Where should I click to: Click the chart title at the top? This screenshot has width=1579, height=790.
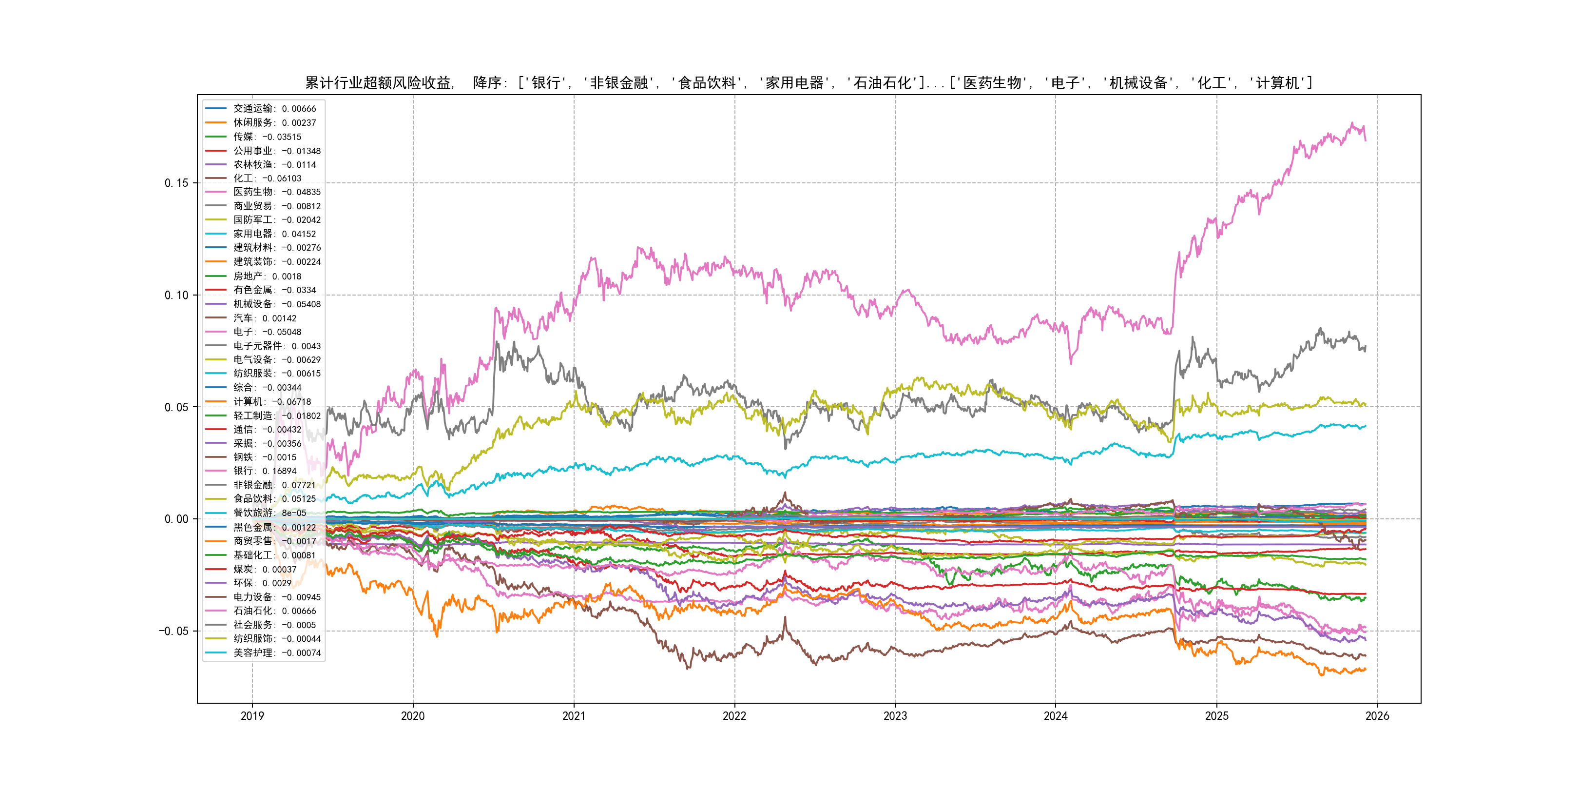point(809,83)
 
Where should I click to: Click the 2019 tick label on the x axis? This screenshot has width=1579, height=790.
point(252,716)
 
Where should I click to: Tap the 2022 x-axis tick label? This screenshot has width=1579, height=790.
point(734,716)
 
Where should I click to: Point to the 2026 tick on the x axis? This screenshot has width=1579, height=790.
point(1377,716)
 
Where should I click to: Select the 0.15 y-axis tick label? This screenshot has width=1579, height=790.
point(176,183)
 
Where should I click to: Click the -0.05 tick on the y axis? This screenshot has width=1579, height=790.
point(174,631)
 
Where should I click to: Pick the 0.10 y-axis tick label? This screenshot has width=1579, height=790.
point(176,295)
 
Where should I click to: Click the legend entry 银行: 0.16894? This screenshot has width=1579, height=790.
point(264,471)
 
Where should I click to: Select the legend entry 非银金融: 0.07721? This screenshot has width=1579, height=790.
point(274,485)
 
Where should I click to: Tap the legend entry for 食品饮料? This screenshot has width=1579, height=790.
point(274,499)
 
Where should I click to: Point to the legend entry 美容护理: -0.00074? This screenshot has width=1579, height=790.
point(276,652)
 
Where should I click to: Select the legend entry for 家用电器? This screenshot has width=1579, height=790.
point(274,234)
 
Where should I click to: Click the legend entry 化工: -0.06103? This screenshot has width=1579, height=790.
point(267,178)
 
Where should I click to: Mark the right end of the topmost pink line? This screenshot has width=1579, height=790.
point(1365,140)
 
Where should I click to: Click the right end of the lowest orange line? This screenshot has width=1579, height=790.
point(1365,669)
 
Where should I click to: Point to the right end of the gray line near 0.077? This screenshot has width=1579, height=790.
point(1365,347)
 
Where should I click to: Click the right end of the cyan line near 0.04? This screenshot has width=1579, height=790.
point(1365,426)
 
